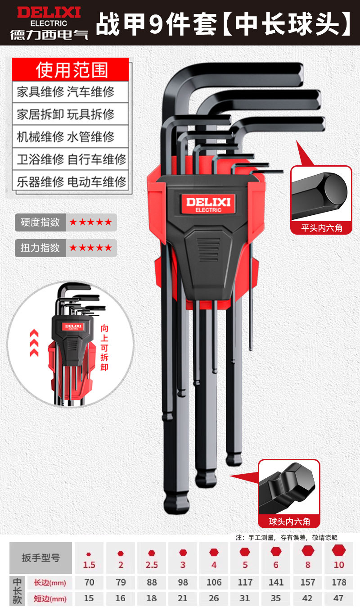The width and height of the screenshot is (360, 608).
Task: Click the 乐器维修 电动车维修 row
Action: [71, 182]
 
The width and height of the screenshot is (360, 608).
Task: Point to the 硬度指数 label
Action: [40, 222]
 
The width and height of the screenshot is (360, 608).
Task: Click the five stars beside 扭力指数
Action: [91, 248]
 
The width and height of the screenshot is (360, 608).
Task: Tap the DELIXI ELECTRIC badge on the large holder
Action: [208, 203]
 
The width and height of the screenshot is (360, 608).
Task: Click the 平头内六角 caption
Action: [322, 228]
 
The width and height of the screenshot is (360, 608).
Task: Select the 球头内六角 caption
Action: [289, 522]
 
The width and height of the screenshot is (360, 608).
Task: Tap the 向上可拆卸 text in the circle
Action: [104, 347]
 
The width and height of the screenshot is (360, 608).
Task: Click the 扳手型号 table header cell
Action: [41, 558]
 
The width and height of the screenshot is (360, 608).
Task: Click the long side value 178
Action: [339, 582]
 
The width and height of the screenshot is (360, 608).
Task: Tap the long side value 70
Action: [89, 582]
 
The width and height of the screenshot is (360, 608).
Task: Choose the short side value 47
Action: [339, 599]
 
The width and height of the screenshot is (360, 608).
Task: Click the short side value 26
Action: [214, 599]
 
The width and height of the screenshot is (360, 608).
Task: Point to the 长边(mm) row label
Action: [50, 583]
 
